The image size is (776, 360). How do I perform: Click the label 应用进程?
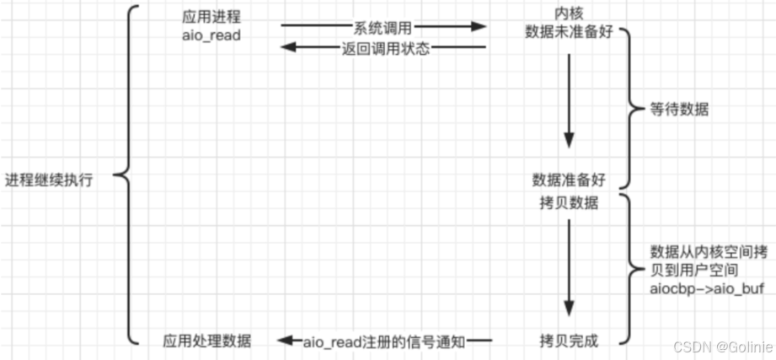tap(211, 18)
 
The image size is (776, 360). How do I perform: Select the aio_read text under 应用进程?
tap(211, 35)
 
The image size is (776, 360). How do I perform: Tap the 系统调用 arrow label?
tap(383, 28)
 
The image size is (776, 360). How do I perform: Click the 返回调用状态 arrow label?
tap(386, 49)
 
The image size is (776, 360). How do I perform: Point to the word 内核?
tap(568, 13)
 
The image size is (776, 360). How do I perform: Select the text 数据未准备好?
tap(569, 32)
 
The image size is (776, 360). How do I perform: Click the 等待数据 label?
tap(678, 110)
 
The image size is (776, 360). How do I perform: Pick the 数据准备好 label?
tap(569, 180)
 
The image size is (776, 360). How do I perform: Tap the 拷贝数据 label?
tap(569, 203)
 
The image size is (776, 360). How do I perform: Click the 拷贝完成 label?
tap(569, 341)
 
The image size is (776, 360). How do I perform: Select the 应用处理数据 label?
tap(207, 341)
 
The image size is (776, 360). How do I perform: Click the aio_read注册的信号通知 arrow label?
tap(384, 341)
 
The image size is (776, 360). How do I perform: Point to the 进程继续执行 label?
tap(49, 180)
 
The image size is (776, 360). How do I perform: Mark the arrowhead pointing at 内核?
tap(479, 26)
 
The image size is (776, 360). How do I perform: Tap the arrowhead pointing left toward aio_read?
tap(288, 47)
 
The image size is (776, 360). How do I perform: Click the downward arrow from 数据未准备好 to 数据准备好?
tap(569, 100)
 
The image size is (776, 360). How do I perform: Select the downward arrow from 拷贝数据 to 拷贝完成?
tap(569, 268)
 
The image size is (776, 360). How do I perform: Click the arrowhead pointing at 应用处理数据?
tap(286, 341)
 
